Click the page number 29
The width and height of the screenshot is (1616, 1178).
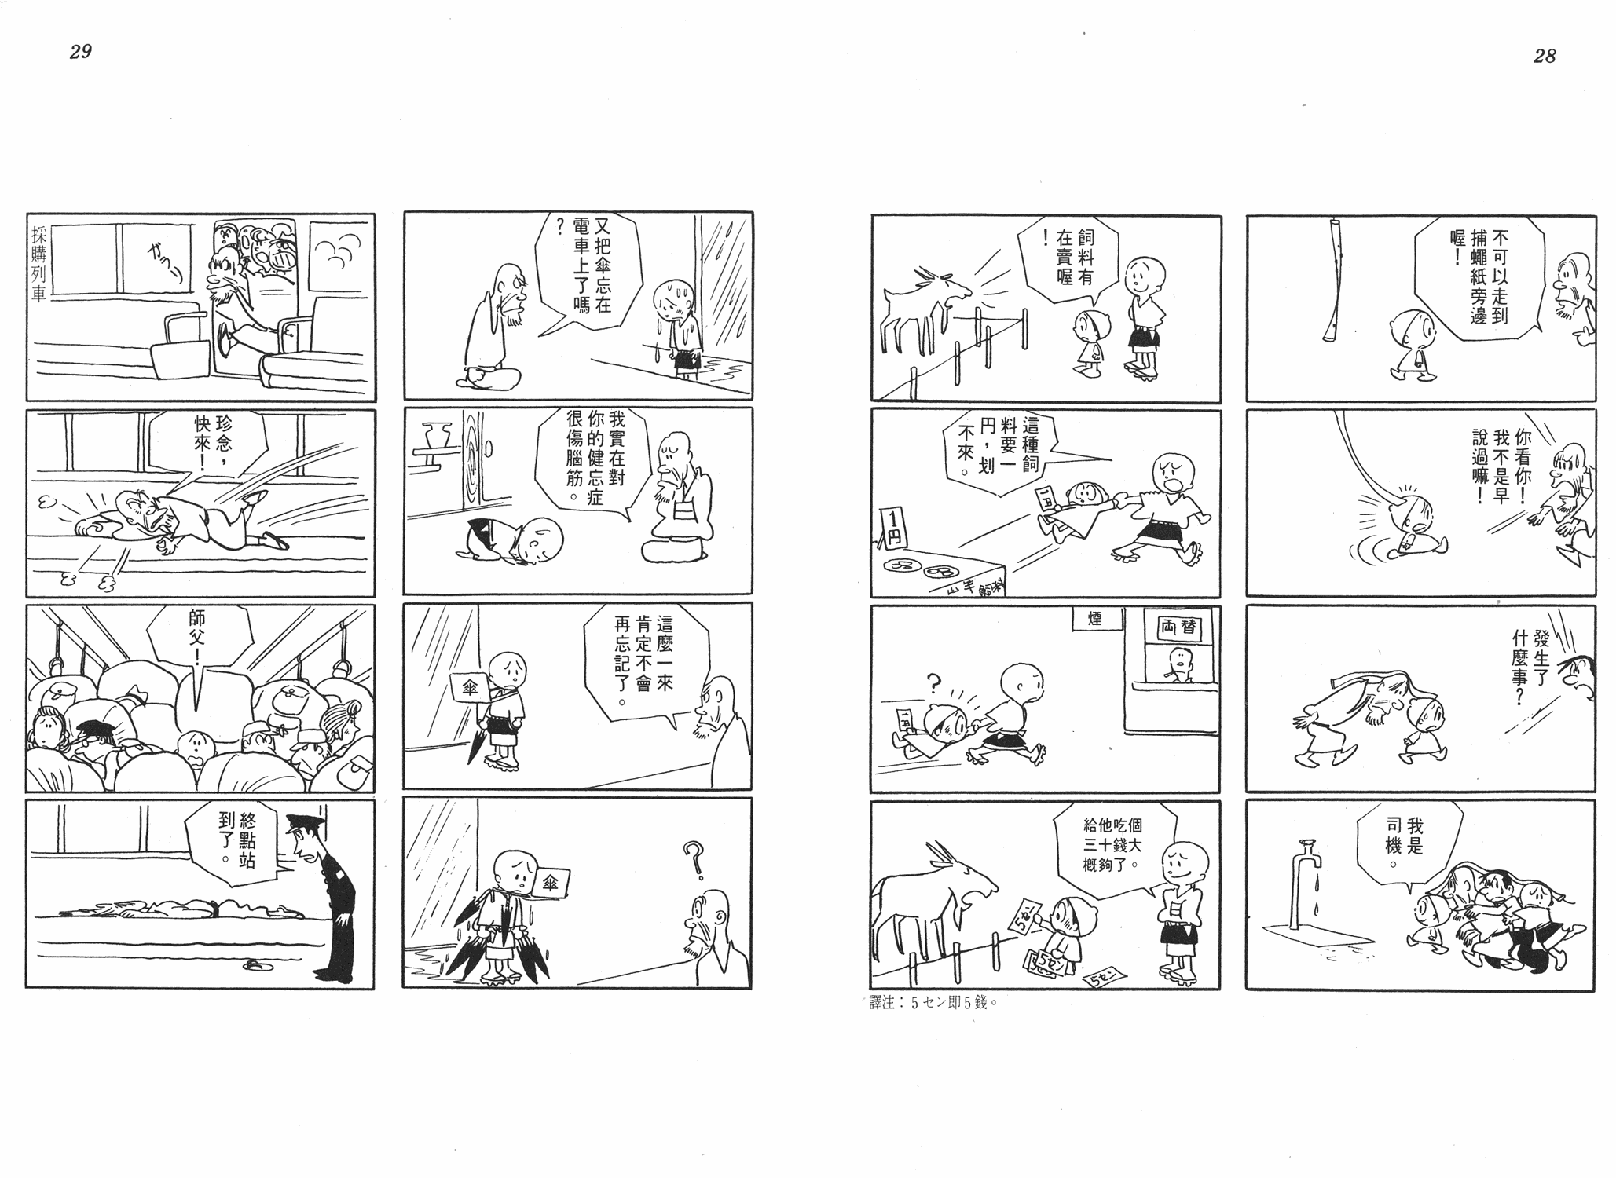(81, 52)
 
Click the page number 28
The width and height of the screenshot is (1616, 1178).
(1544, 56)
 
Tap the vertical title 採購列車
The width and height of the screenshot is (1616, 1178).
(39, 264)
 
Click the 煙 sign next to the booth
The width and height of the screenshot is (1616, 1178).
(1094, 619)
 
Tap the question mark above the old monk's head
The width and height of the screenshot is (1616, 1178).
(692, 854)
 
